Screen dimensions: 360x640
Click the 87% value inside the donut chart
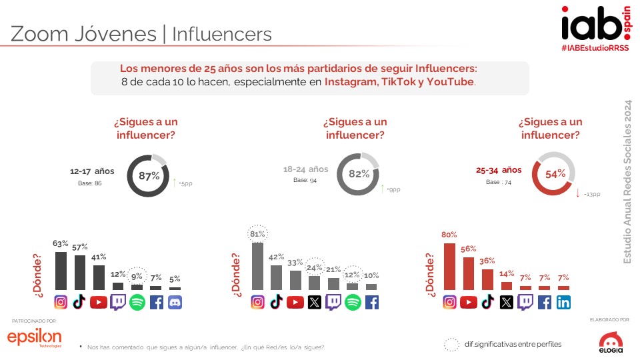[x=149, y=176]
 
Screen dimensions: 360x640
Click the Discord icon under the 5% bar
[x=175, y=302]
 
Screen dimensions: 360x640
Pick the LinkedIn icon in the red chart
[x=563, y=302]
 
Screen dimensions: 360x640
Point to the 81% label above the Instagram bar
[x=257, y=234]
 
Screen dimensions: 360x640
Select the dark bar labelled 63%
[x=61, y=270]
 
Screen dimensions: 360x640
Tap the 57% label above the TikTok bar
[x=79, y=247]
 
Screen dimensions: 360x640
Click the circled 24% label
[x=315, y=268]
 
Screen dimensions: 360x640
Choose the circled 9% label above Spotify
[x=137, y=277]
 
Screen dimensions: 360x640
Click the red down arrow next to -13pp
[x=577, y=193]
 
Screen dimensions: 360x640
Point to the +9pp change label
[x=394, y=190]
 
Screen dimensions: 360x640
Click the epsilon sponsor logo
[x=34, y=338]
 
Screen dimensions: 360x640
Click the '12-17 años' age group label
[x=92, y=171]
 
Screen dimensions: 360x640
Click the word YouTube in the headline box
[x=450, y=82]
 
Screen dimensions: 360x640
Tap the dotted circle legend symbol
[x=451, y=344]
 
